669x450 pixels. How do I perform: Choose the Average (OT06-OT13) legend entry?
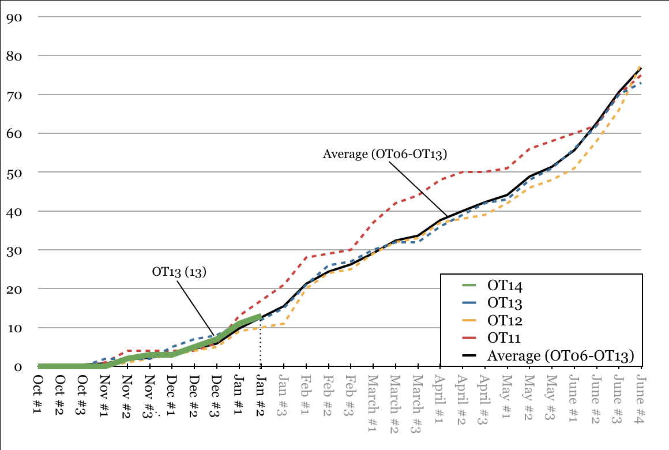560,356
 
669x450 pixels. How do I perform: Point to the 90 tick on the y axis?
14,17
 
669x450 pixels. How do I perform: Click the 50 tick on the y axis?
14,172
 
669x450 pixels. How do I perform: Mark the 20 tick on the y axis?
14,289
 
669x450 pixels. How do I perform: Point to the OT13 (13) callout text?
179,272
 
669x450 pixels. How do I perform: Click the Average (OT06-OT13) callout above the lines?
385,154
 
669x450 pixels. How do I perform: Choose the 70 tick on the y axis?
14,95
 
